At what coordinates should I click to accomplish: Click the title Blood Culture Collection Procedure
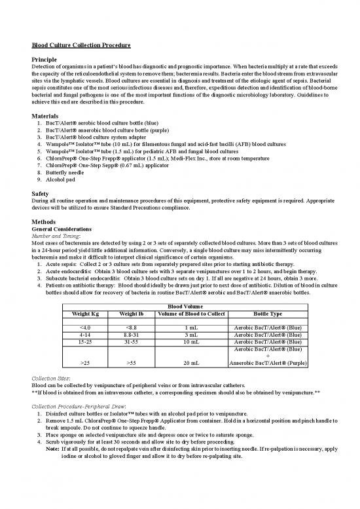tap(82, 45)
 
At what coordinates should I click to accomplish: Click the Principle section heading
tap(48, 60)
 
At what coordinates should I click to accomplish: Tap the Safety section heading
tap(42, 194)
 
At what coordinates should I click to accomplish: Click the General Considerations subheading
tap(65, 229)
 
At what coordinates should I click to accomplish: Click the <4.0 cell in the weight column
tap(84, 327)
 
